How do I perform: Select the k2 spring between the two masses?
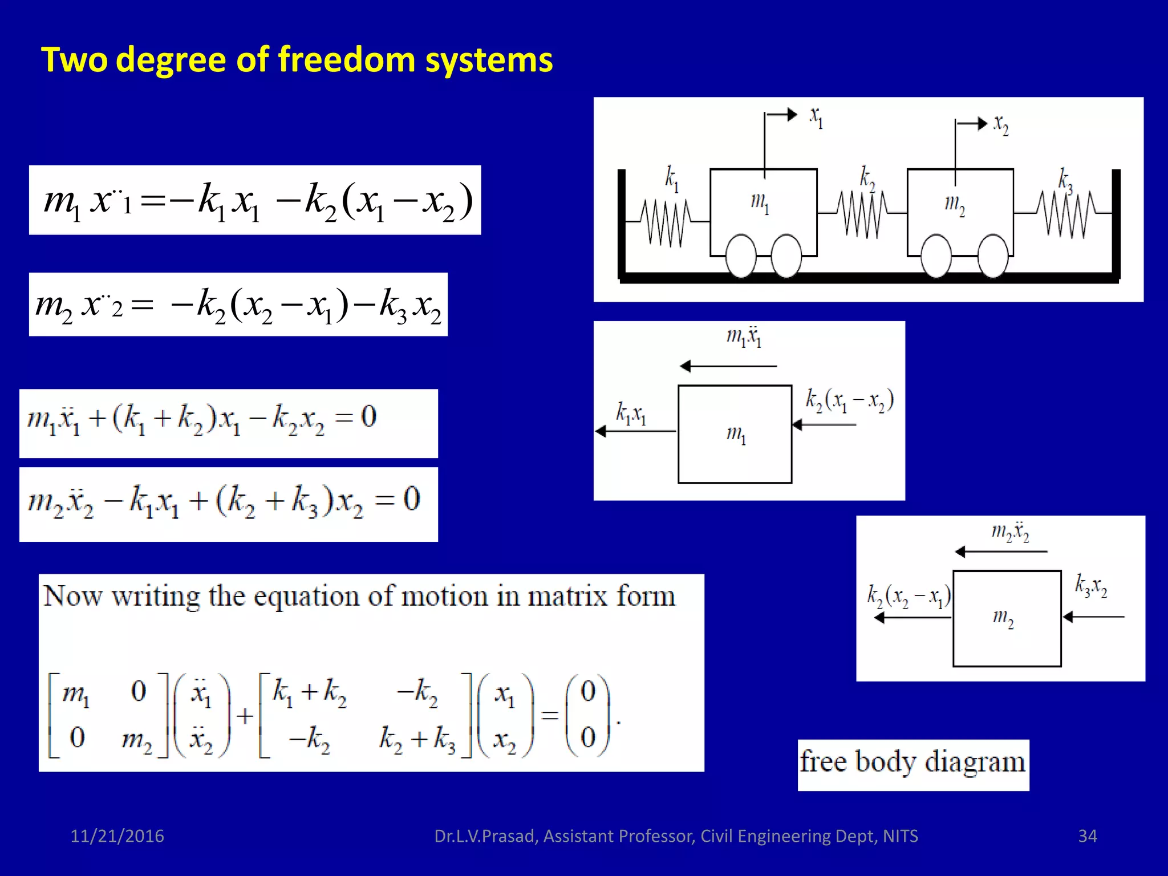click(862, 214)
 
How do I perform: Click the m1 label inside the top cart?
click(760, 202)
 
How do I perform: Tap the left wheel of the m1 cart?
click(741, 256)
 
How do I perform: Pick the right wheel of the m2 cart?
click(993, 256)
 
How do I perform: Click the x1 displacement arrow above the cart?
click(781, 115)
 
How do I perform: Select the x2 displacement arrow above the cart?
click(972, 124)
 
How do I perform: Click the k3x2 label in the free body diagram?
click(1091, 586)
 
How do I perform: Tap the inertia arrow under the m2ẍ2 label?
click(1001, 551)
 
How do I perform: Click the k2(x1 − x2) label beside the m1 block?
click(849, 400)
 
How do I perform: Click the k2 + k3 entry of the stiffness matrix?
click(417, 739)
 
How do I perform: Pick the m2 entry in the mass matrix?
click(137, 739)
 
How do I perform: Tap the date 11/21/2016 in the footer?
click(117, 836)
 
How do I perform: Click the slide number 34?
click(1087, 836)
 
